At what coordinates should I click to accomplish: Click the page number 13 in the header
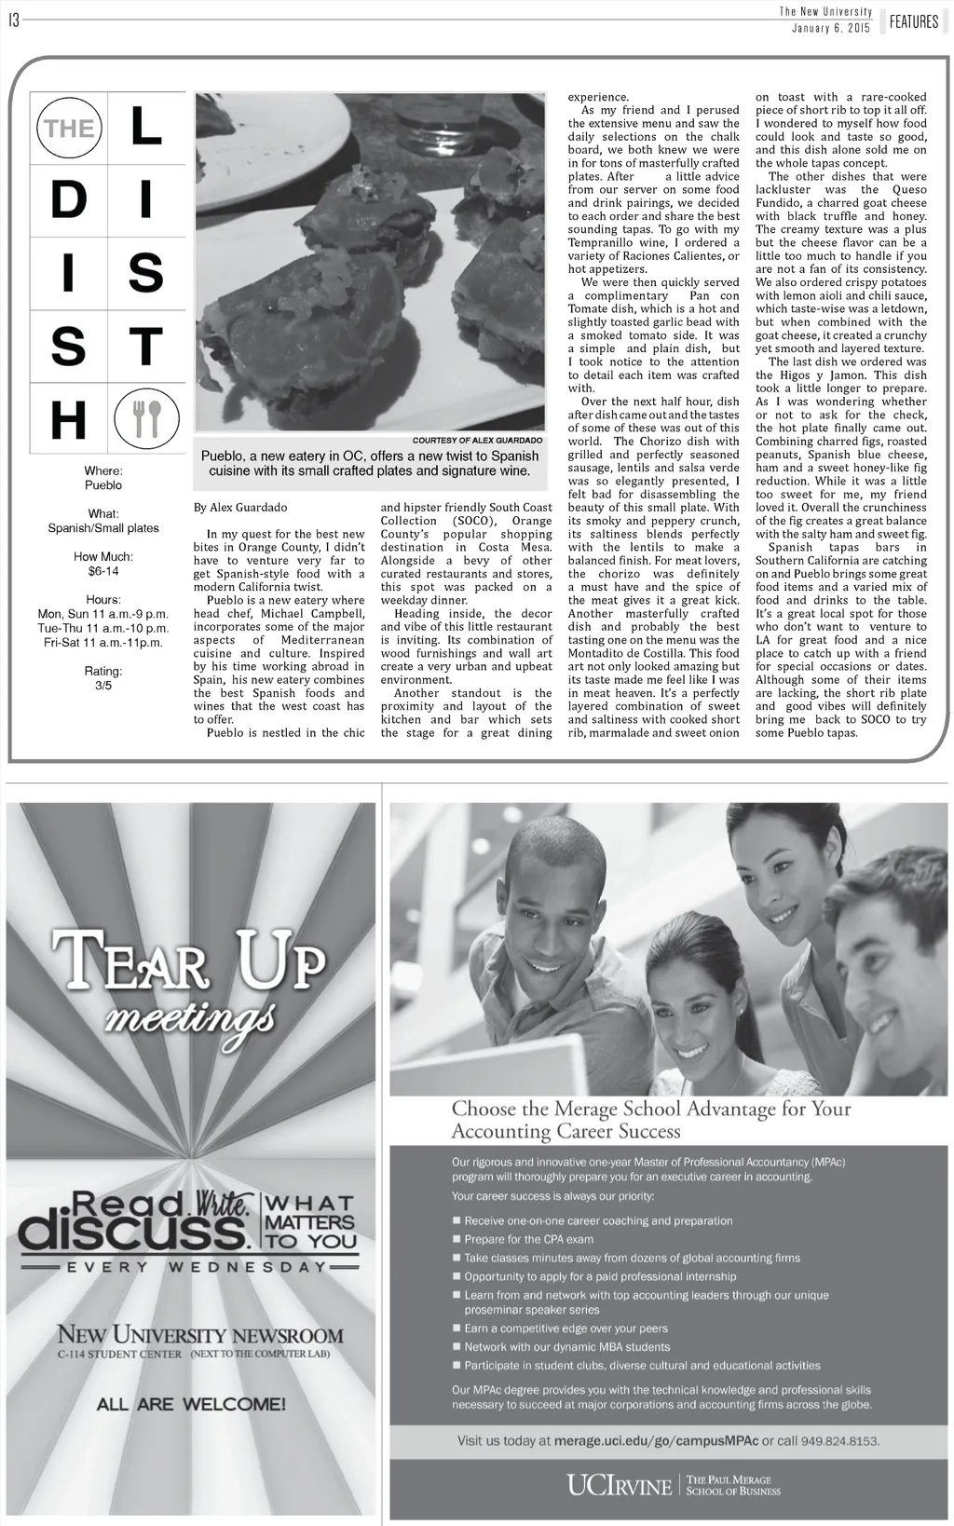click(x=14, y=20)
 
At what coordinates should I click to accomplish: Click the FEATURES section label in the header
click(x=913, y=21)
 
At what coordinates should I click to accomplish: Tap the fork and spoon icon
click(x=146, y=419)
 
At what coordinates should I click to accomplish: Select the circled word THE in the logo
click(x=69, y=128)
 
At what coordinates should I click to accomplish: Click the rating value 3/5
click(x=103, y=686)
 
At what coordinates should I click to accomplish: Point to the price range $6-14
click(x=103, y=571)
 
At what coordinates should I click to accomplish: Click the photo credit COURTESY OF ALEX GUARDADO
click(x=477, y=440)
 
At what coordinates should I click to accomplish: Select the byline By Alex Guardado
click(x=240, y=508)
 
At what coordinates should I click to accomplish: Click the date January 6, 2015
click(x=830, y=28)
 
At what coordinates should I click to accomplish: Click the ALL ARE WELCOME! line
click(x=191, y=1403)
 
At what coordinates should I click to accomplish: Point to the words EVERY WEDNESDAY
click(x=191, y=1267)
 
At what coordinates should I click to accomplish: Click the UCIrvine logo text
click(x=619, y=1484)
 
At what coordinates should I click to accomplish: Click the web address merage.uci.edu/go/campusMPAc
click(x=656, y=1440)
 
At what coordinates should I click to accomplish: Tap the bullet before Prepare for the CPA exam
click(x=457, y=1239)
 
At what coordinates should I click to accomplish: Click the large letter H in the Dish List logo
click(x=68, y=419)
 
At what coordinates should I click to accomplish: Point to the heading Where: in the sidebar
click(x=103, y=471)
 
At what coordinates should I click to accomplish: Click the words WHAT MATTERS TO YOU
click(x=311, y=1221)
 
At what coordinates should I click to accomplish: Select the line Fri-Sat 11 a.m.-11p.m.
click(x=103, y=643)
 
